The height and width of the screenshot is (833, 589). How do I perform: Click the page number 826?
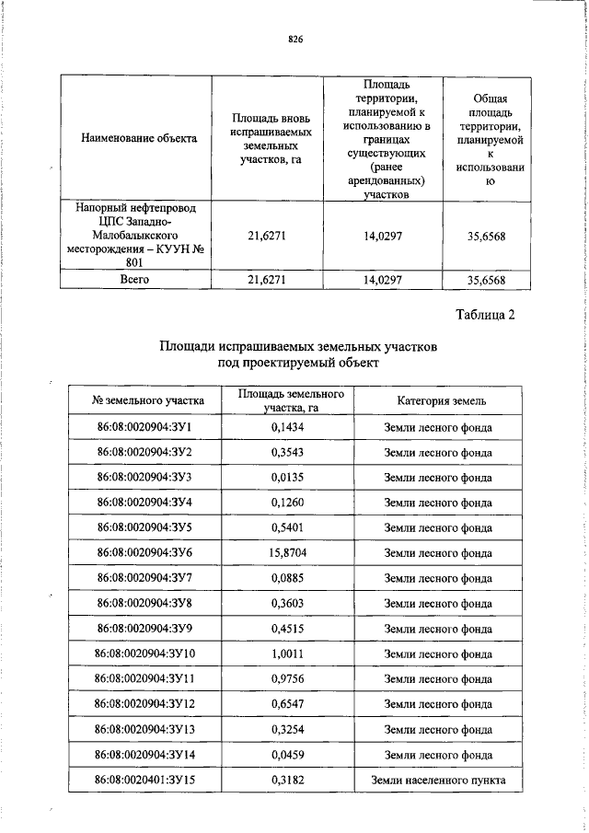coord(294,40)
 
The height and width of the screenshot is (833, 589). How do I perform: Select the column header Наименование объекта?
coord(138,138)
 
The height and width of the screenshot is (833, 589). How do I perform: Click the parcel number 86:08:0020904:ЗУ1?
coord(144,428)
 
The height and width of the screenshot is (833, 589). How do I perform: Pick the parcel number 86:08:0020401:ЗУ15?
coord(144,781)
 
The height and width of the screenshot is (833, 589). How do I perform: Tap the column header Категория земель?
coord(437,400)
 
